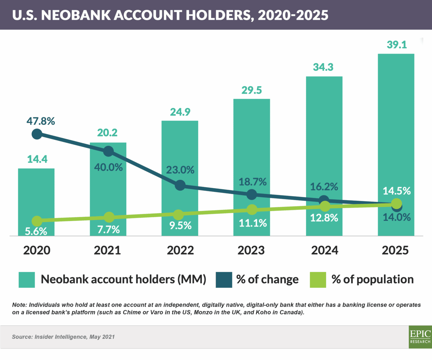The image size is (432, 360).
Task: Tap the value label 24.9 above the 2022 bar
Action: (x=180, y=112)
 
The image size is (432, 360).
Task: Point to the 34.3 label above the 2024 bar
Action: (x=323, y=67)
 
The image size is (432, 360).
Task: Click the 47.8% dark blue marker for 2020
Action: (x=37, y=134)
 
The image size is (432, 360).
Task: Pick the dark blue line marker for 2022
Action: (x=180, y=185)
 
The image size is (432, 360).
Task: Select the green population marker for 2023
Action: (x=252, y=210)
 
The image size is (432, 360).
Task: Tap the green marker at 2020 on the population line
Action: (x=37, y=221)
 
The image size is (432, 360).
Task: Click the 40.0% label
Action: (x=108, y=167)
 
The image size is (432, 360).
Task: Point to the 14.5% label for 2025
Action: (x=397, y=191)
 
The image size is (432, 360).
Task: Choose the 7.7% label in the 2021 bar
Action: (x=108, y=229)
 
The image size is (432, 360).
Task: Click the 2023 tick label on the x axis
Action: (x=251, y=250)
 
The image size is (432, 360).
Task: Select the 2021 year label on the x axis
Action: (x=107, y=250)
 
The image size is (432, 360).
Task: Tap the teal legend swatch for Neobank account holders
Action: (x=27, y=280)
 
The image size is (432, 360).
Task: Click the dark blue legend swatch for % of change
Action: (x=224, y=280)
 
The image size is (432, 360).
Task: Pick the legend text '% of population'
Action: (x=372, y=279)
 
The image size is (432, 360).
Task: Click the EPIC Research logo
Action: (x=420, y=337)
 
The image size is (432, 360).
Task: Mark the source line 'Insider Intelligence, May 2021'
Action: (x=75, y=337)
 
